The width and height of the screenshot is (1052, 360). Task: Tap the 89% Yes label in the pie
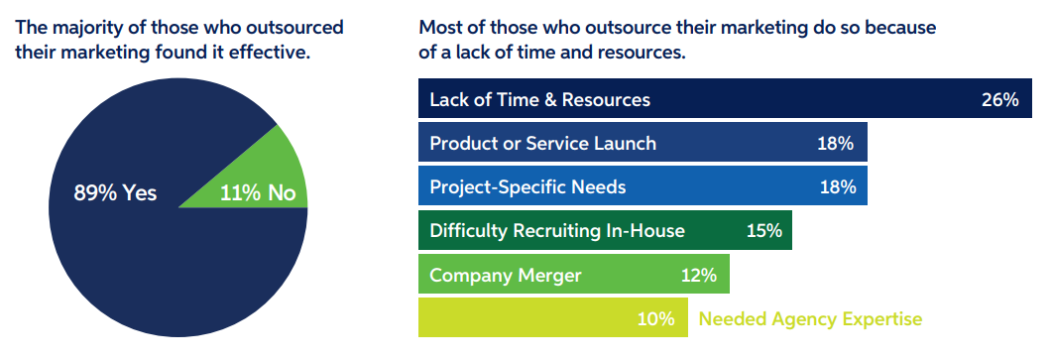[x=115, y=193]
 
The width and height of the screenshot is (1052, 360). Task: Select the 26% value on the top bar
[x=999, y=100]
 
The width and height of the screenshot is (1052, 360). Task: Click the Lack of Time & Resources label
[x=539, y=100]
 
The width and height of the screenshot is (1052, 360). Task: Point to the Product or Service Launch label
[x=542, y=143]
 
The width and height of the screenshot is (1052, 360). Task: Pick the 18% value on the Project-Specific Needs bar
[x=836, y=186]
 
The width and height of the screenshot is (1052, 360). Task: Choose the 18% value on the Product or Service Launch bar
[x=836, y=143]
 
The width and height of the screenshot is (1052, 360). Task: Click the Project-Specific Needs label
[x=527, y=186]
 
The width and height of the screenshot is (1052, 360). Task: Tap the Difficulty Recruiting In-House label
[x=557, y=231]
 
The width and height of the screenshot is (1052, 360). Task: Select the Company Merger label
[x=506, y=275]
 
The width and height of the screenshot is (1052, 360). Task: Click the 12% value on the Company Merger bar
[x=698, y=275]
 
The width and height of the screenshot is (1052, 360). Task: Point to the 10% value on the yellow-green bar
[x=656, y=319]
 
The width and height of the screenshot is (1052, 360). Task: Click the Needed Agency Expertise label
[x=810, y=319]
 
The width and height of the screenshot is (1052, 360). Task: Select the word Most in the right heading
[x=439, y=27]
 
